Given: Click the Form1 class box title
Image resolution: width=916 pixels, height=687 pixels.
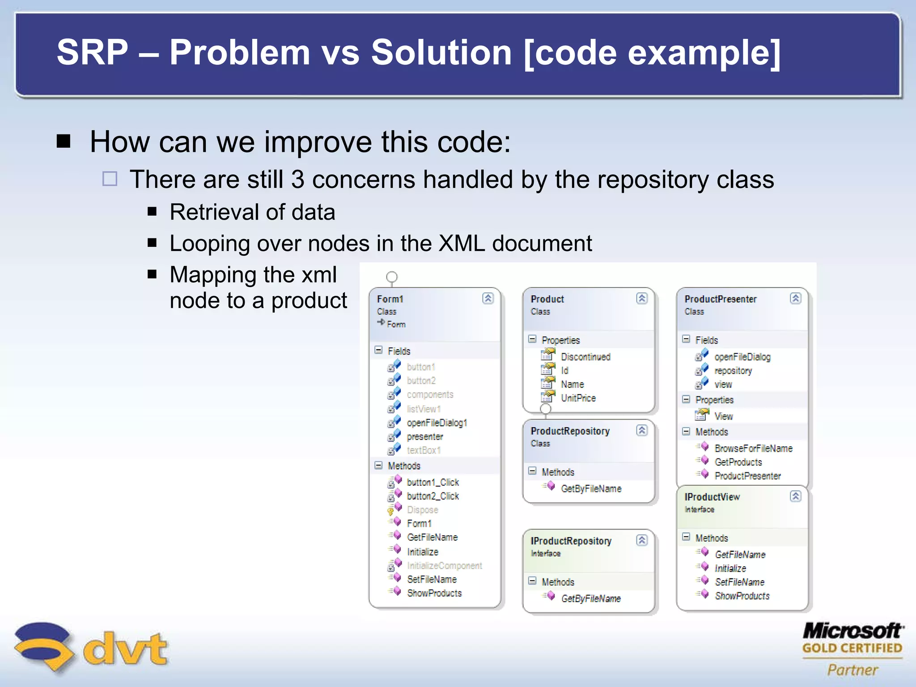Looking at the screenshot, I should (390, 299).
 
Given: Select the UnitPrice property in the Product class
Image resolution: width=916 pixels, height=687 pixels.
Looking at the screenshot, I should (578, 398).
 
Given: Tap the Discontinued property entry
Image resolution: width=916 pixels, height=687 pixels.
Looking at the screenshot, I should (585, 357).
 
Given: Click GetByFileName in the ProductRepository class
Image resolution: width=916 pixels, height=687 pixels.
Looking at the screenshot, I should (591, 489).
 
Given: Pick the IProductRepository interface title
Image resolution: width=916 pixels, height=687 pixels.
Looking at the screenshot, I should (571, 541).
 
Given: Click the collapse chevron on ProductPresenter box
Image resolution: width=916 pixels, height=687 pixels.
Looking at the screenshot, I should (795, 298).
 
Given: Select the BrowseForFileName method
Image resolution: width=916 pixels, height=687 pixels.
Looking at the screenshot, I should (753, 448).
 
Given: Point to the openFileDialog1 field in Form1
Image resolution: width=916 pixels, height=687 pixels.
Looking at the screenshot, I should (437, 423).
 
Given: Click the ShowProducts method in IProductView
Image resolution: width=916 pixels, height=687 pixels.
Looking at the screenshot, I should (742, 596).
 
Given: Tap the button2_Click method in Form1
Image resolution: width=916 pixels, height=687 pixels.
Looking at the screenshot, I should (433, 496).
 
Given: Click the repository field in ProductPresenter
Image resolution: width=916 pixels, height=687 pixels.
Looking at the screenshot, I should (733, 371).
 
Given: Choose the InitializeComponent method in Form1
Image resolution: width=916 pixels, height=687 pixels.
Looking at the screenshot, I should (444, 566).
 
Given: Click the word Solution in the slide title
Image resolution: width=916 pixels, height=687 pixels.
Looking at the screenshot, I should (441, 52).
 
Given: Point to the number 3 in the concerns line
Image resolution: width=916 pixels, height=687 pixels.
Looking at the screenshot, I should (298, 180).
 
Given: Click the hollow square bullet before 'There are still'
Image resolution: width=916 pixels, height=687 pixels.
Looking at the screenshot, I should (110, 179).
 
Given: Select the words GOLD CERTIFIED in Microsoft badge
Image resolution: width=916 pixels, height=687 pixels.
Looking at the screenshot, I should (852, 648).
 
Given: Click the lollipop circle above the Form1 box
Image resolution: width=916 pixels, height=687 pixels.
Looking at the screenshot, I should (392, 277).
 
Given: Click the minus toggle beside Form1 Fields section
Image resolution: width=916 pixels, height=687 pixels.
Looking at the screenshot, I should (378, 350).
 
